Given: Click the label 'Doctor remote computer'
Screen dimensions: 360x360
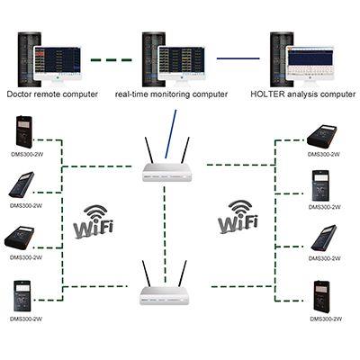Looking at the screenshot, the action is click(x=52, y=94).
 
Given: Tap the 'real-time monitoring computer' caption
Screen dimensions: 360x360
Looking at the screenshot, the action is click(x=171, y=94).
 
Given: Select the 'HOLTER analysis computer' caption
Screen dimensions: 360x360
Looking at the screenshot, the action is click(x=302, y=94).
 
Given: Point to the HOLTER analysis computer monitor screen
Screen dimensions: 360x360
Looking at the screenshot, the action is click(x=310, y=65).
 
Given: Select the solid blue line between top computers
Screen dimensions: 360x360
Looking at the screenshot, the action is click(x=238, y=58).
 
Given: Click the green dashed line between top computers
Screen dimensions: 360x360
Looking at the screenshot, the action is click(x=112, y=60).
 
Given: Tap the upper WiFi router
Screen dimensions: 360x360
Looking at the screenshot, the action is click(x=166, y=159).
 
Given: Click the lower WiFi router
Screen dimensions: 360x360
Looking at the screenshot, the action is click(x=165, y=283).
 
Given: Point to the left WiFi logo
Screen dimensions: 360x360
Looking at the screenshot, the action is click(x=94, y=221).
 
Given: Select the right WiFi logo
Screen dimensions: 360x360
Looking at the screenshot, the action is click(x=238, y=217).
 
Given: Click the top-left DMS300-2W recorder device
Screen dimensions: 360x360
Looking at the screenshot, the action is click(x=24, y=131).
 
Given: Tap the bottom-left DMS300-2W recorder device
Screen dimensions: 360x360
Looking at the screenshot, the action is click(x=22, y=296).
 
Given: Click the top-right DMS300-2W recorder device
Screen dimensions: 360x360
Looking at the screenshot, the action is click(x=322, y=138).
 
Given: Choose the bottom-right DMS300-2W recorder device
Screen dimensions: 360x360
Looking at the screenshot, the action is click(x=322, y=296).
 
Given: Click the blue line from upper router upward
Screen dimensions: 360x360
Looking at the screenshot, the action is click(x=170, y=134).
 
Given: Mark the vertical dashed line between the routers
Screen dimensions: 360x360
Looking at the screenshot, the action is click(x=165, y=234).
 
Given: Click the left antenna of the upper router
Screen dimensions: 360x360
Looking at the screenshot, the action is click(x=148, y=150).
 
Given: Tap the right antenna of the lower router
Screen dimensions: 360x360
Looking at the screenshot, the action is click(x=183, y=274).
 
